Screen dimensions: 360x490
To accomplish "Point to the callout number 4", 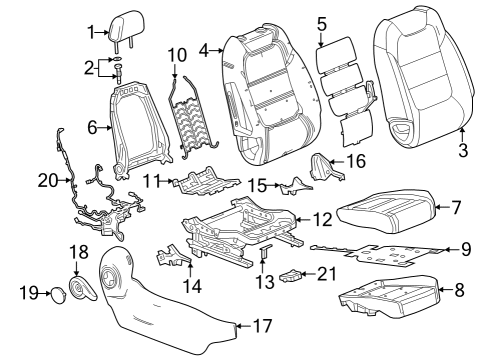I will pos(204,49).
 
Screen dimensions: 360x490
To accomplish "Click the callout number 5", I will pos(321,21).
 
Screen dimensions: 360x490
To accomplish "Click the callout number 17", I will pos(263,325).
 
